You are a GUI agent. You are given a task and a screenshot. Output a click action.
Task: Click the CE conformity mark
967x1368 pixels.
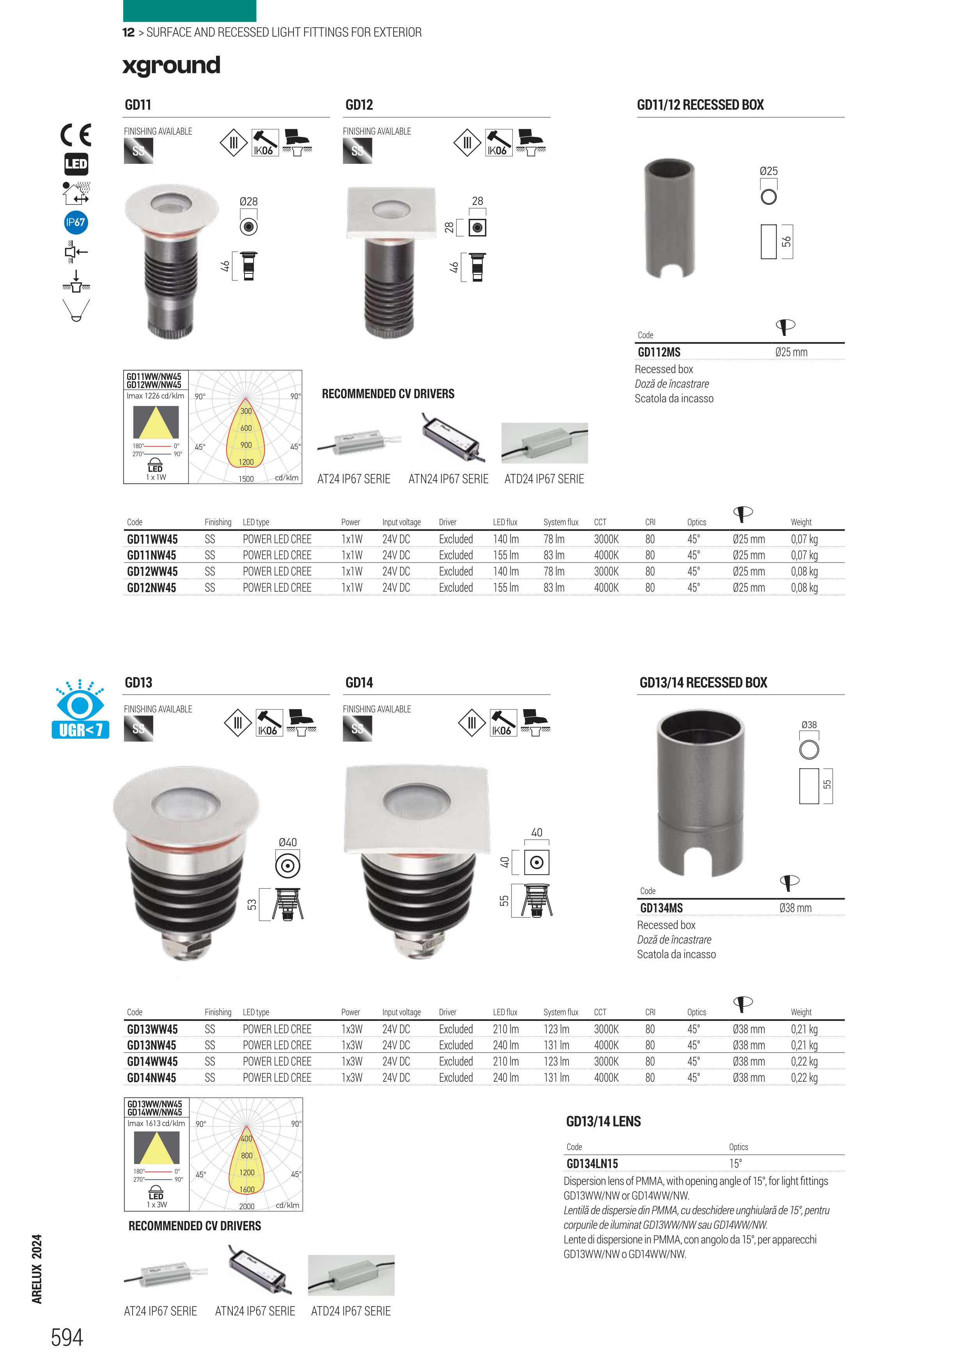coord(76,135)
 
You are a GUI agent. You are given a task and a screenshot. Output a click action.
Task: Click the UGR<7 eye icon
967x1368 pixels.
coord(80,709)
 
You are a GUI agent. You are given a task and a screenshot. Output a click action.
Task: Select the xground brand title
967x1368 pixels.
coord(172,66)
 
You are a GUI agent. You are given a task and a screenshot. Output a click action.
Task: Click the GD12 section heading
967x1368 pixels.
coord(359,105)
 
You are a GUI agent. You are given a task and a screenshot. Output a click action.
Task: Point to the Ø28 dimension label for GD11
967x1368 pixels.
coord(248,201)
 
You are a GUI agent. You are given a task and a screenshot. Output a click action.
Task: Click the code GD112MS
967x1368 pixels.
coord(659,352)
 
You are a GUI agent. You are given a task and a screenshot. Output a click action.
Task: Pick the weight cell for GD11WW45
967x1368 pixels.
coord(804,539)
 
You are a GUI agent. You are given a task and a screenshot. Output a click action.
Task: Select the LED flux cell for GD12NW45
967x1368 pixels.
coord(506,587)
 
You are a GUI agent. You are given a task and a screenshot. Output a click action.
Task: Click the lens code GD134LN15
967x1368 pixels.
coord(592,1164)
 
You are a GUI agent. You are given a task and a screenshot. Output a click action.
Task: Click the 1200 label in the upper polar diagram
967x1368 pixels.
coord(246,462)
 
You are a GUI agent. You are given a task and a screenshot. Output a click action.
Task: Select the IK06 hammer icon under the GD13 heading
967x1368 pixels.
coord(269,723)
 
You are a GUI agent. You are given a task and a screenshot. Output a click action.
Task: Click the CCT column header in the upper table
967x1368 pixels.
coord(600,522)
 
